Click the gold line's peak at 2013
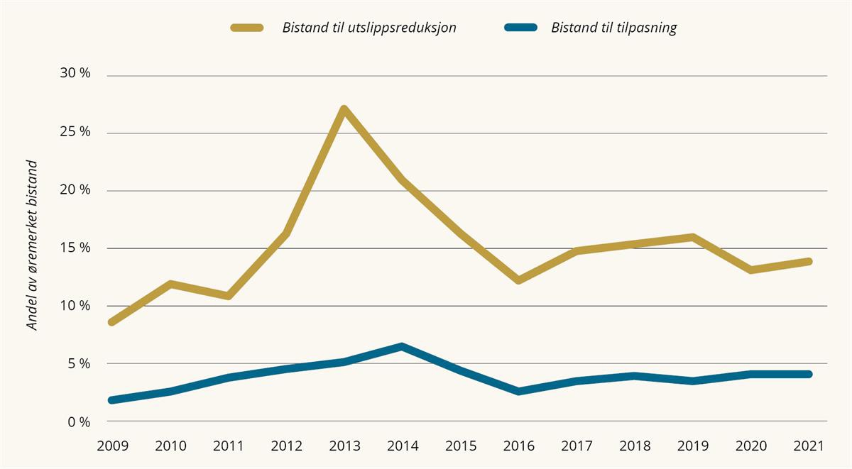coord(344,110)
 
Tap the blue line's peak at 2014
coord(402,347)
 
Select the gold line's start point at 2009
coord(112,322)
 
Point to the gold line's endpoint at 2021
coord(808,262)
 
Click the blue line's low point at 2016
coord(518,391)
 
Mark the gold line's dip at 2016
coord(518,280)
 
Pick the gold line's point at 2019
coord(692,237)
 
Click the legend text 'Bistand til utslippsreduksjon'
coord(369,28)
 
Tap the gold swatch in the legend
coord(247,28)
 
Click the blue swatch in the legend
coord(520,28)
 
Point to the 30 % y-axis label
coord(75,75)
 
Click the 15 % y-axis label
coord(75,248)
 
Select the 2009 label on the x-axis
coord(112,446)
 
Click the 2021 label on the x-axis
coord(808,446)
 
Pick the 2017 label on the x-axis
coord(576,446)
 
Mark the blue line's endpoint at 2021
coord(808,374)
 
